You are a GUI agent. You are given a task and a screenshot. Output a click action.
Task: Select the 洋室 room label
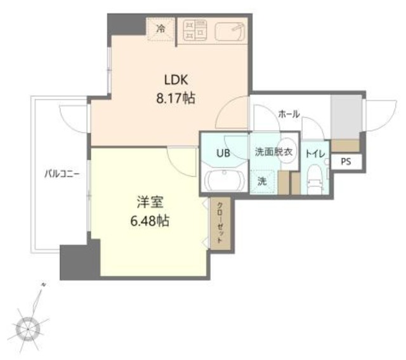(150, 204)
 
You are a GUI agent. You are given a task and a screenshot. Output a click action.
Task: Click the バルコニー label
(62, 173)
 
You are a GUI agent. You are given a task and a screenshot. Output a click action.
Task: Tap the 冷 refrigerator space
(160, 29)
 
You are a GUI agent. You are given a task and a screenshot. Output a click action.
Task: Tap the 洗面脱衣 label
(273, 152)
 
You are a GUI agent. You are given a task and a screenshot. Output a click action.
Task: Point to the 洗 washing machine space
(262, 181)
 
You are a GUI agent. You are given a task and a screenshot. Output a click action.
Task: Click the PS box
(345, 162)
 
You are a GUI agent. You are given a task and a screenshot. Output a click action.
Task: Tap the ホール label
(289, 114)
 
